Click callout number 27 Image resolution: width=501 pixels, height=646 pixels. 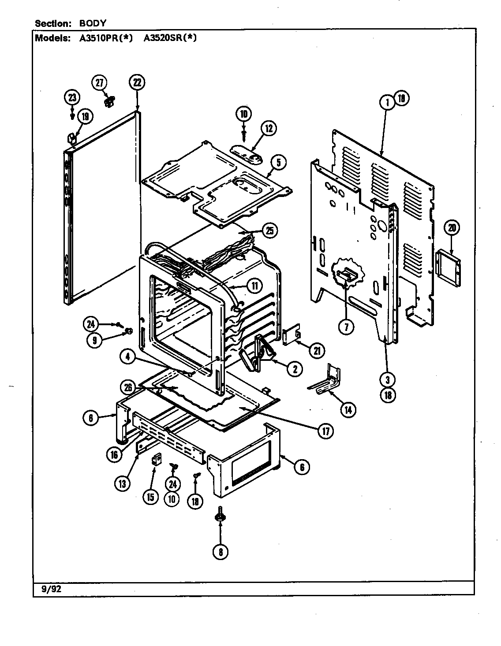[x=99, y=83]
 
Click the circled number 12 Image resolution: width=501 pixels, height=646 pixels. [x=269, y=129]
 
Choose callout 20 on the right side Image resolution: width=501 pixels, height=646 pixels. [x=452, y=228]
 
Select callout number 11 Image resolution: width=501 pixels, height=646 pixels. [x=254, y=286]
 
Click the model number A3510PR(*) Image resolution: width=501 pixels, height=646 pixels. [x=106, y=38]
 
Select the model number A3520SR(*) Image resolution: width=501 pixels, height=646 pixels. [x=170, y=38]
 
